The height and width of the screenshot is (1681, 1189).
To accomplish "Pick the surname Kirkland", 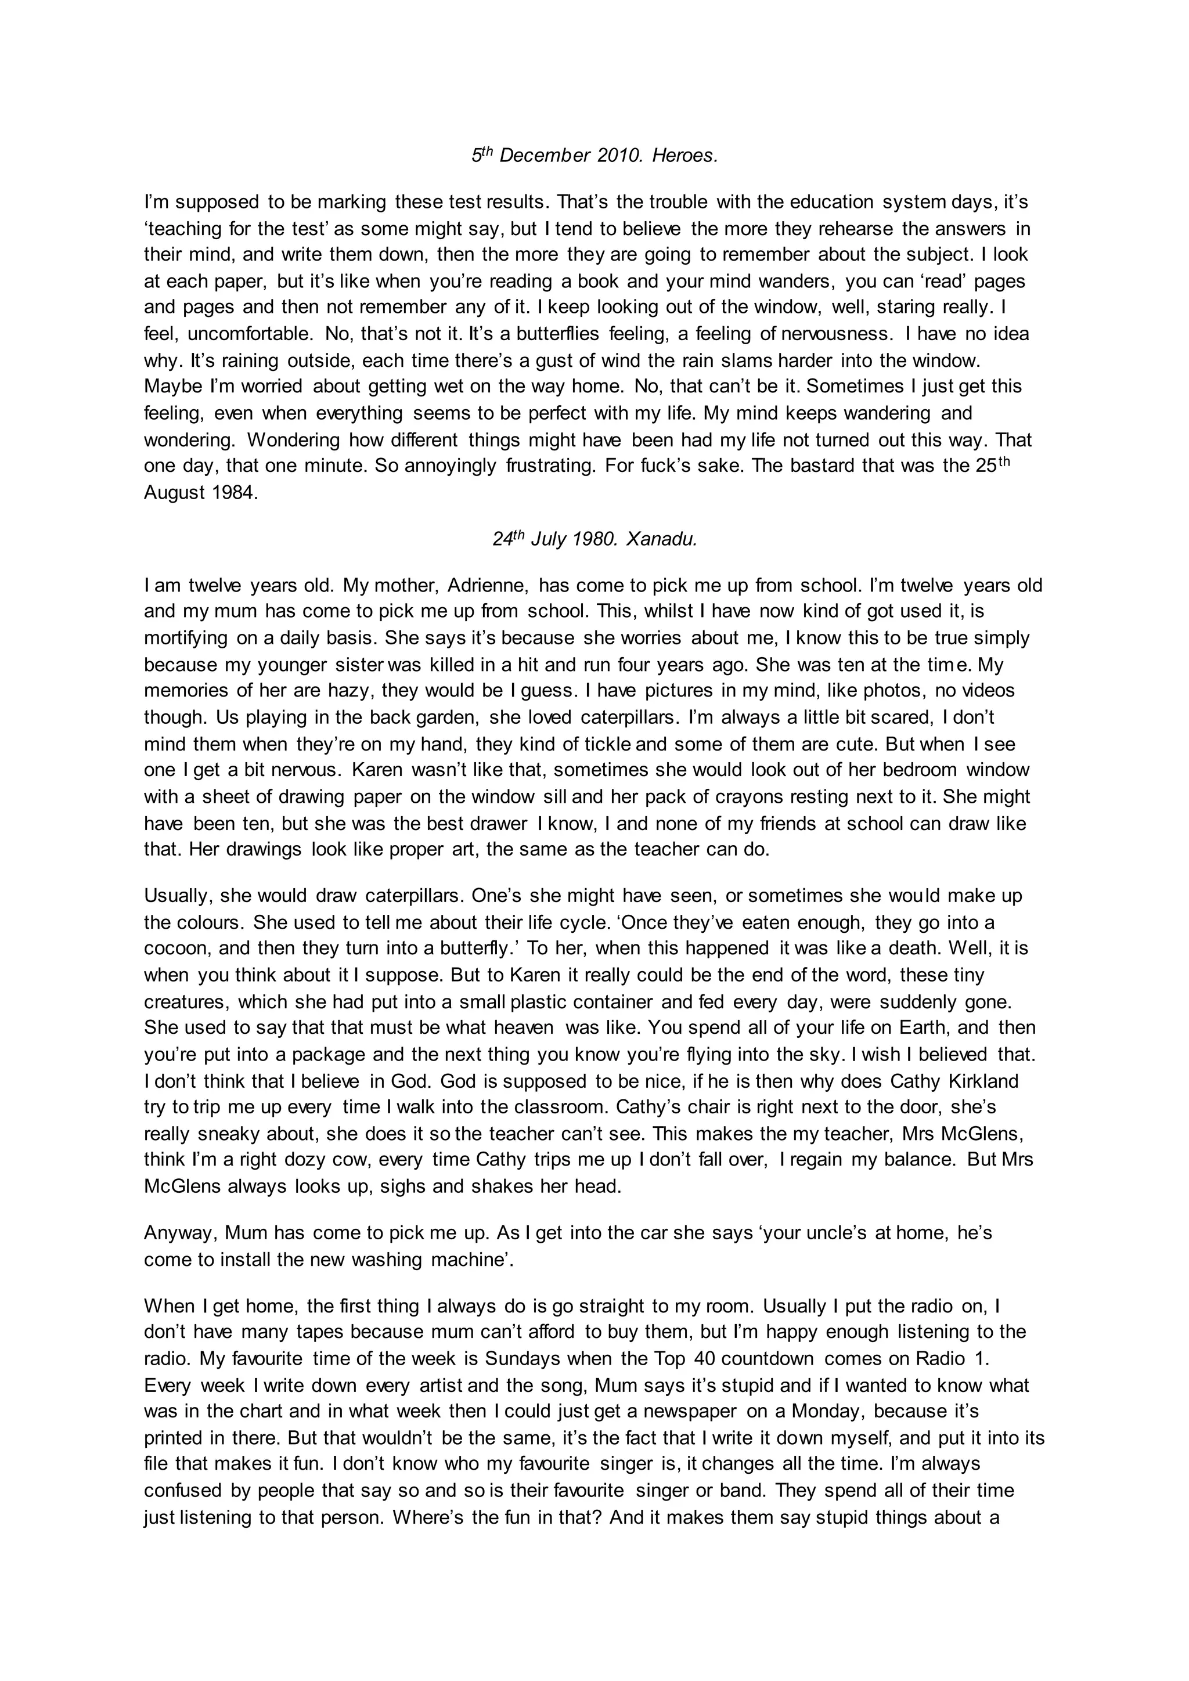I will click(x=983, y=1081).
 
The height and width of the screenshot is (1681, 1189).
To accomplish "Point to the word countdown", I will click(x=768, y=1359).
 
